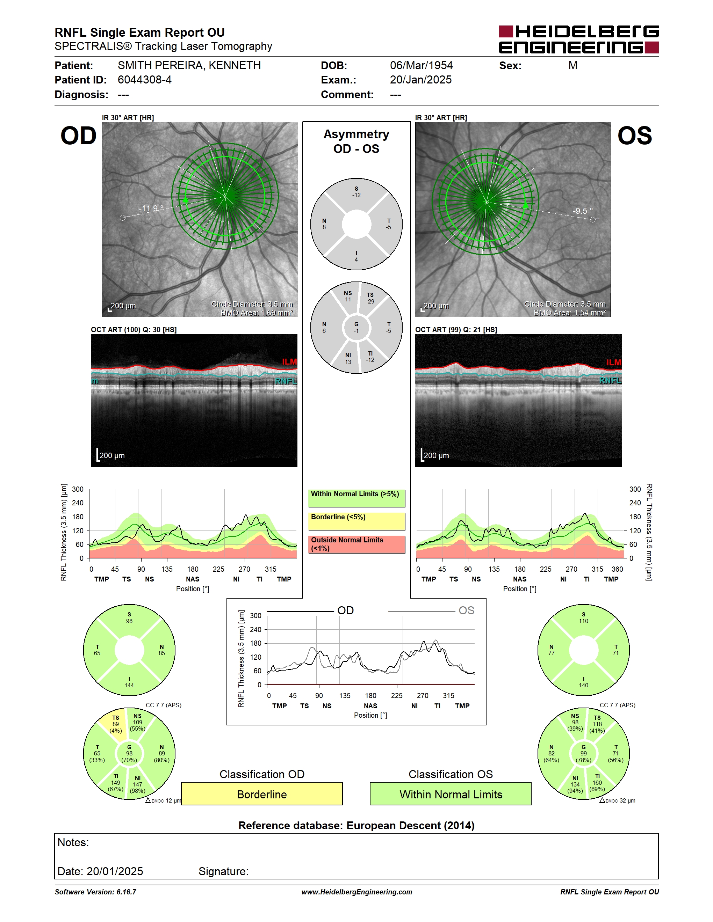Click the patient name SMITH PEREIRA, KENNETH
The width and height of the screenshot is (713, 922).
coord(189,65)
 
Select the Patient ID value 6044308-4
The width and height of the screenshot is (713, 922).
coord(144,80)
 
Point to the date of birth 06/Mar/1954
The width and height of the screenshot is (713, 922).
coord(421,65)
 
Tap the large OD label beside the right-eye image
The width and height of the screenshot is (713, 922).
coord(79,136)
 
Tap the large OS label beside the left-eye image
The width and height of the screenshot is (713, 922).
coord(634,136)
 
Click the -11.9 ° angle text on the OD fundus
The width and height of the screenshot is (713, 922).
coord(151,208)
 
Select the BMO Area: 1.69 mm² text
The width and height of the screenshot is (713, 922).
coord(257,313)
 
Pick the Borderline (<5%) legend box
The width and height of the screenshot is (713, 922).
coord(356,521)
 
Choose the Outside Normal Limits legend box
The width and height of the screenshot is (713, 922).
coord(356,544)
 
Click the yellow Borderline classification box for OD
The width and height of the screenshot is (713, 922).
coord(262,794)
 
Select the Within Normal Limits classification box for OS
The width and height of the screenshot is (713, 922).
coord(451,794)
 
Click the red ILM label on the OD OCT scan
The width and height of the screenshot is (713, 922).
coord(290,362)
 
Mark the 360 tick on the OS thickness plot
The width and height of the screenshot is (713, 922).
coord(617,569)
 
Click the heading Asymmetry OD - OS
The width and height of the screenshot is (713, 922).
coord(356,141)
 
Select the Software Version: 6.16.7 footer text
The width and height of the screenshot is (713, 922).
coord(95,892)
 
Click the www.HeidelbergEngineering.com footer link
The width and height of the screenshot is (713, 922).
coord(357,892)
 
